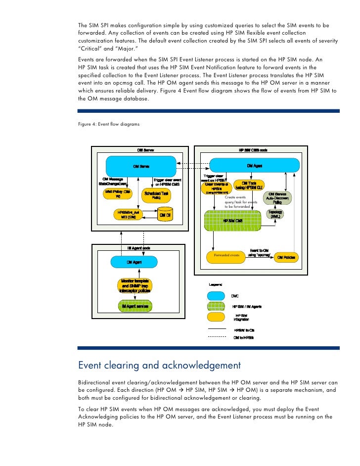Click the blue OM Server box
[x=141, y=166]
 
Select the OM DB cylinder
[x=164, y=215]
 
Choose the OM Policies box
[x=286, y=257]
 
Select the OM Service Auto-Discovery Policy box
[x=279, y=198]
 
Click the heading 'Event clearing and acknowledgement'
[x=160, y=366]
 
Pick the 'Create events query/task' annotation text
[x=241, y=202]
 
